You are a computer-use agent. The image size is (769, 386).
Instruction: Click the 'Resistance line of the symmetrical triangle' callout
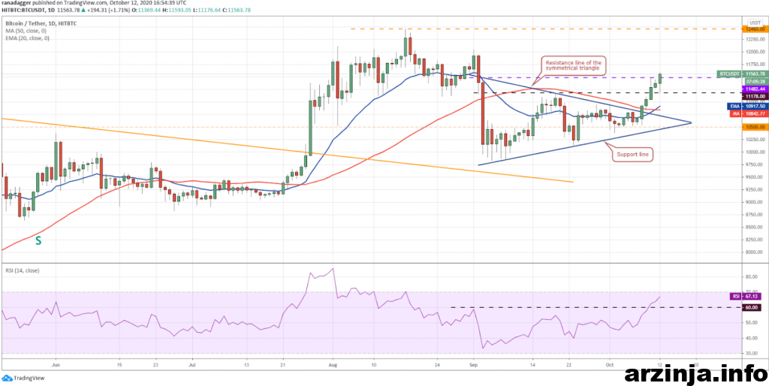coord(574,66)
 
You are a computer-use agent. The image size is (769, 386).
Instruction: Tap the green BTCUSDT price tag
coord(728,74)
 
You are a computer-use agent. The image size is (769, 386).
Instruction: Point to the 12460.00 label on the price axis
coord(753,29)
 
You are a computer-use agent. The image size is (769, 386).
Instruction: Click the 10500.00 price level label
coord(753,127)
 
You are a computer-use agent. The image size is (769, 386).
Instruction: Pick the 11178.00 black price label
coord(753,96)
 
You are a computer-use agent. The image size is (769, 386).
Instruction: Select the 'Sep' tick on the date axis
coord(474,362)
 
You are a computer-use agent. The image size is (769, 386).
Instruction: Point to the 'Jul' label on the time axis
coord(192,362)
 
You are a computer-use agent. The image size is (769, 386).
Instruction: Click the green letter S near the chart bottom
coord(38,241)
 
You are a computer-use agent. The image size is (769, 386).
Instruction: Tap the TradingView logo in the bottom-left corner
coord(26,378)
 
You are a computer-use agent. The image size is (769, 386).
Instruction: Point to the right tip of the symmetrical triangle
coord(691,122)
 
